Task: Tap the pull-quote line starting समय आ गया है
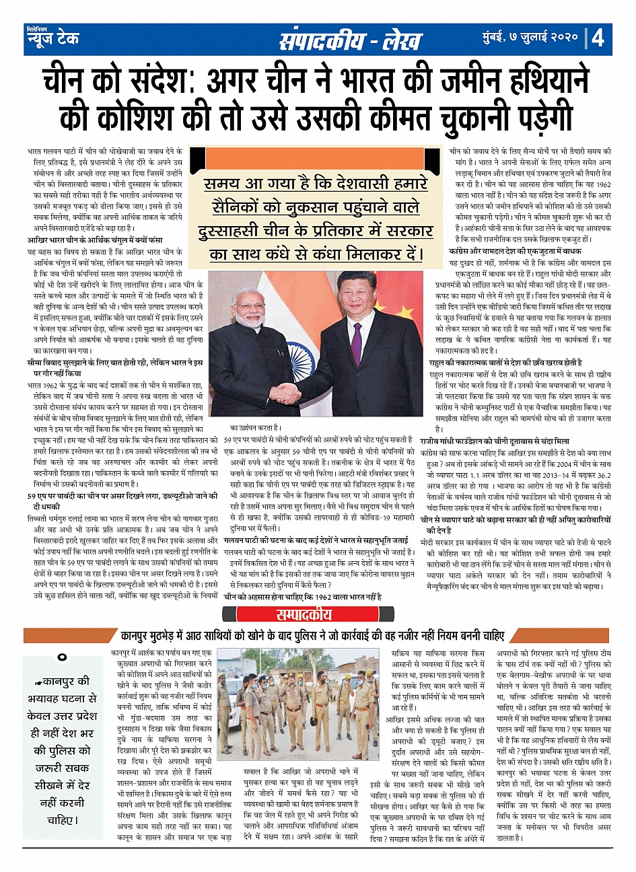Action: click(316, 184)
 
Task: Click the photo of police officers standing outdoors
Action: click(307, 704)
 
